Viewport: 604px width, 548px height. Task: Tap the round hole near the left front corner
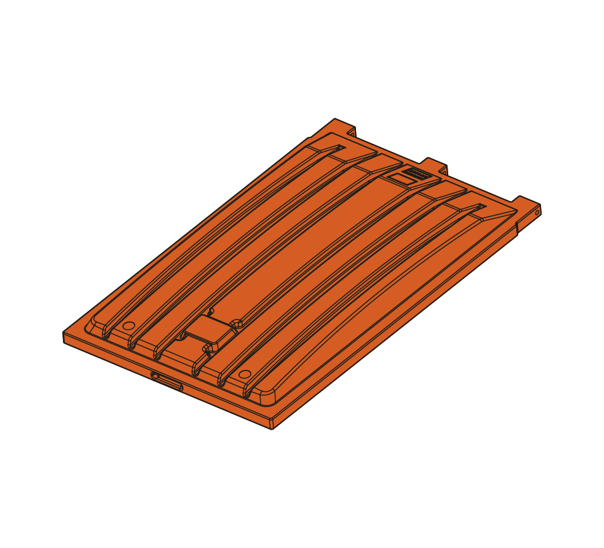(128, 326)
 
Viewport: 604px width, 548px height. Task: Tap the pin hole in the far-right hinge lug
(537, 213)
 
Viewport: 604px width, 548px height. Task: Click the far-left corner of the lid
(64, 335)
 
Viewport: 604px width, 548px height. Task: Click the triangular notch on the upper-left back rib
(338, 149)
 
